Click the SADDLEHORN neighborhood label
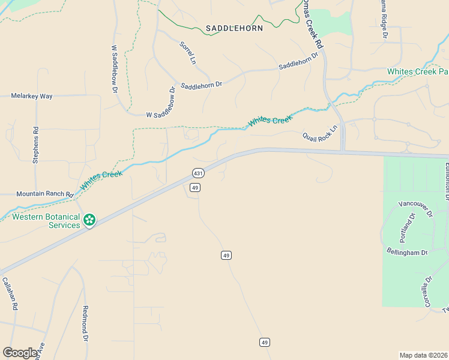[x=234, y=28]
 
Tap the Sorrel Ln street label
[x=188, y=53]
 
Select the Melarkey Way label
[x=32, y=96]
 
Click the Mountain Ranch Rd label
[x=44, y=194]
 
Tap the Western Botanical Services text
[x=46, y=221]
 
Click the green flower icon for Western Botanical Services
[x=89, y=220]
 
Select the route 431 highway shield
[x=198, y=173]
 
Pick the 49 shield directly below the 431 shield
[x=194, y=188]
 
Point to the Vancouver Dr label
[x=415, y=210]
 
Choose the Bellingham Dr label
[x=406, y=253]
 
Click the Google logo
[x=20, y=352]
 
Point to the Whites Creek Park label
[x=417, y=71]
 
